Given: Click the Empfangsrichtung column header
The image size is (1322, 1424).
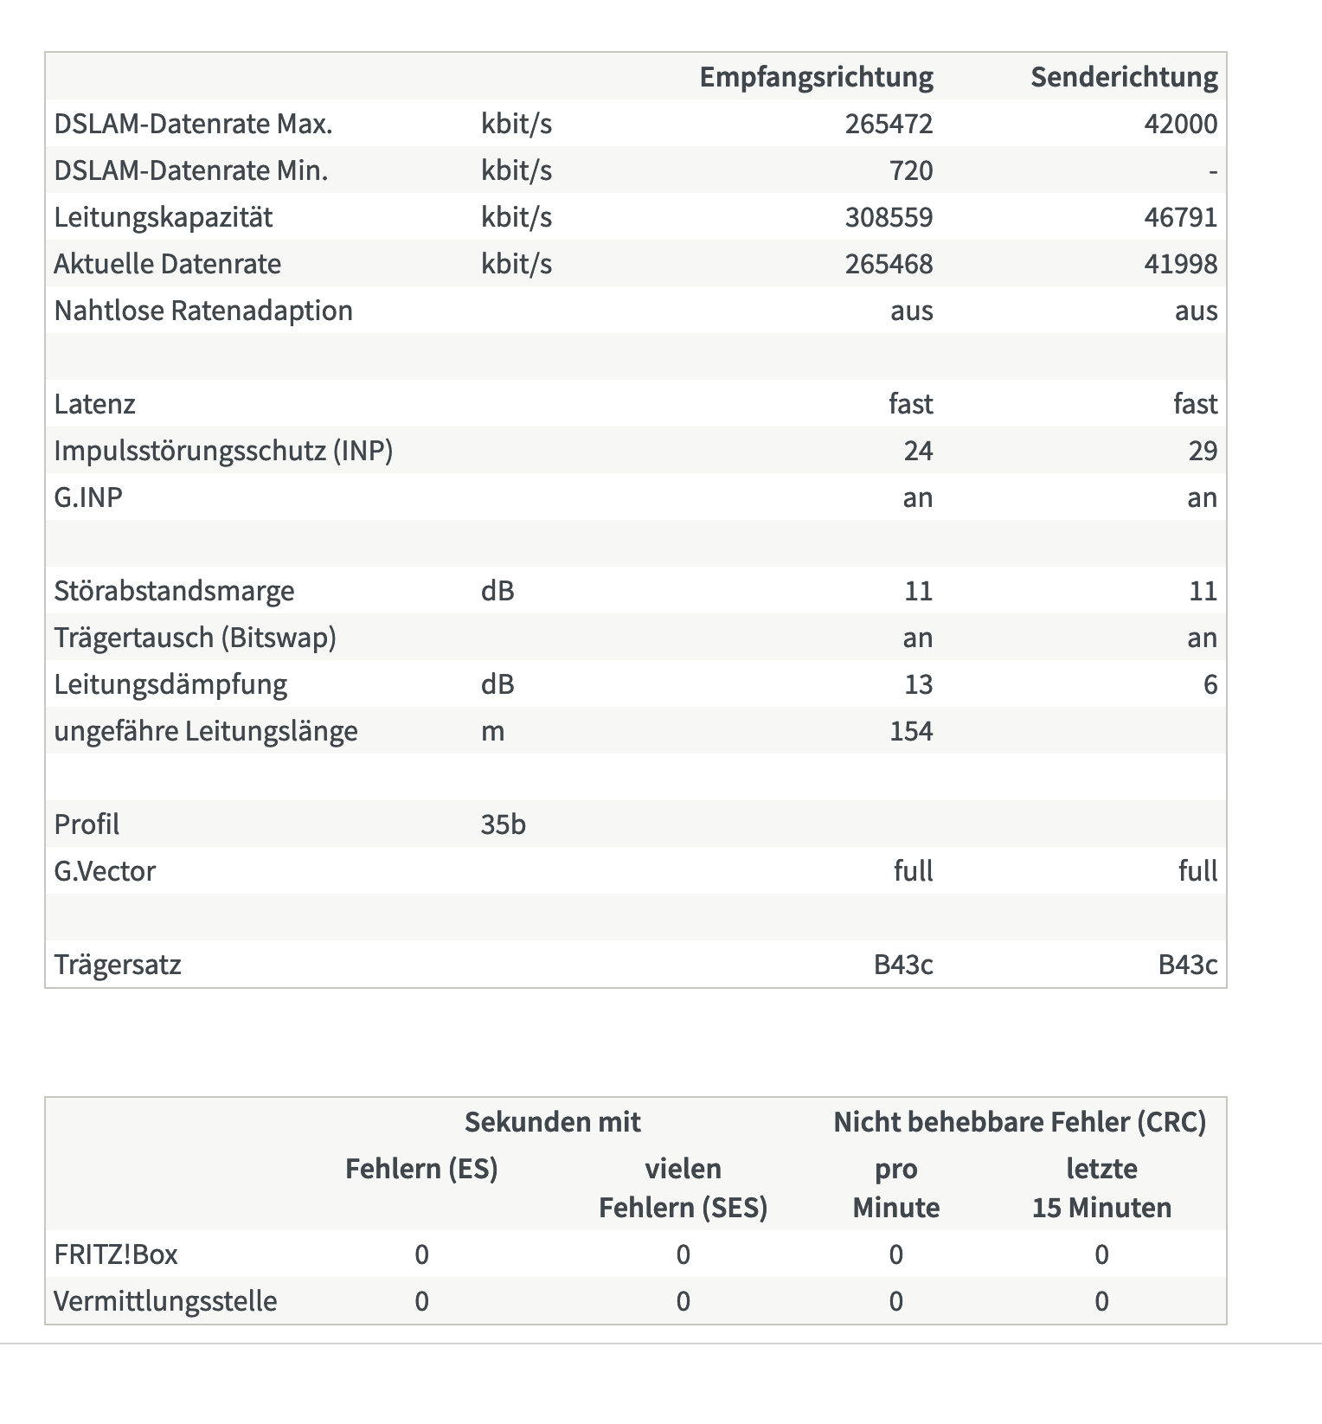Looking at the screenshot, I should click(816, 77).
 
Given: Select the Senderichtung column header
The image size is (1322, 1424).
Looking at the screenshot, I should click(1124, 77).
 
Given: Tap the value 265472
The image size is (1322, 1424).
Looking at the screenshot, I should click(889, 124).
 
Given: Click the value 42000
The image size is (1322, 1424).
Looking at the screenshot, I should click(1180, 124).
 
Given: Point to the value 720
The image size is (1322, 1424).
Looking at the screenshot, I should click(911, 170).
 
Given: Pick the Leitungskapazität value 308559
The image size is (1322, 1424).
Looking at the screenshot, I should click(889, 217).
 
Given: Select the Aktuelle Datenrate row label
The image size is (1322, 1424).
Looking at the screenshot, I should click(167, 264).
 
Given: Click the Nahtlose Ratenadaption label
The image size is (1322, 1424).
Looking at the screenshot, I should click(203, 311).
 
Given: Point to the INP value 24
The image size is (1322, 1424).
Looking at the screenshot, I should click(918, 451).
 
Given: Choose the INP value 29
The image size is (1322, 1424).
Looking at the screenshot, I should click(1203, 451).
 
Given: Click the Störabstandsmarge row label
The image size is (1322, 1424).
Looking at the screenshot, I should click(174, 591).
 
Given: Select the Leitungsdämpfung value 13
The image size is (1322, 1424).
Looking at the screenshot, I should click(918, 684).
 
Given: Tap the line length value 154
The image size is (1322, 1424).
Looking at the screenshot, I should click(911, 731).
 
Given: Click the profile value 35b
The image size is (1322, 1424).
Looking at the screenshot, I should click(503, 824).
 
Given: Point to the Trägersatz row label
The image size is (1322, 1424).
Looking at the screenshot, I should click(118, 965).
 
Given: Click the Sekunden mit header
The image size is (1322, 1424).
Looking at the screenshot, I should click(552, 1122).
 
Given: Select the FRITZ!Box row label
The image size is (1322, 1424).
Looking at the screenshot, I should click(116, 1254).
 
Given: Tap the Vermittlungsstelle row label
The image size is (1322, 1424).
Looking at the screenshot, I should click(165, 1301).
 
